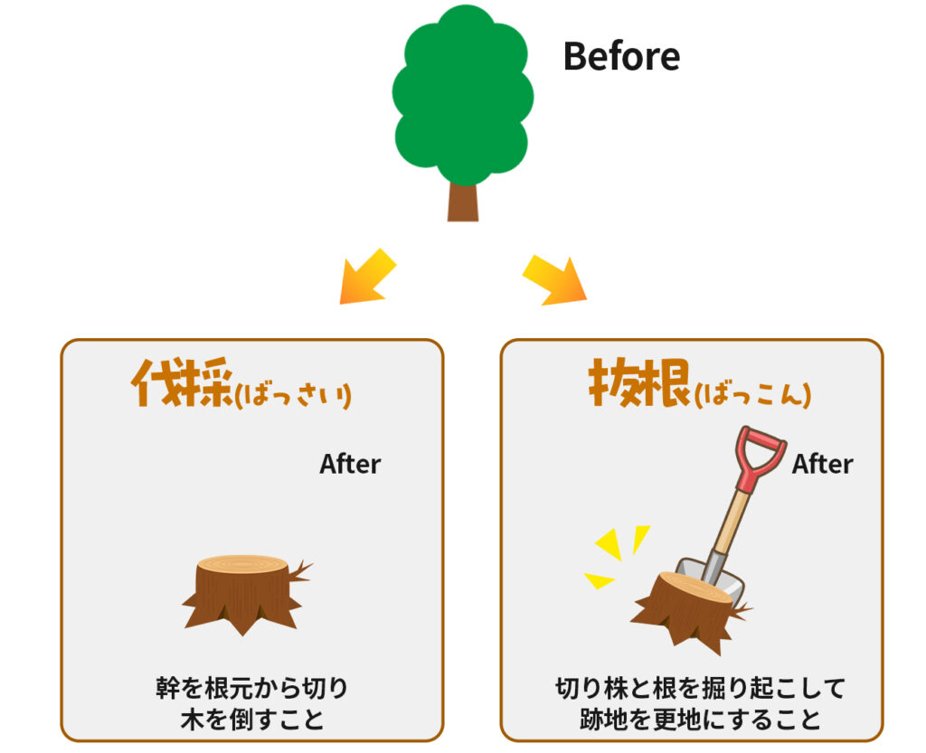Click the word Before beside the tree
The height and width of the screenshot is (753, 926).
click(622, 57)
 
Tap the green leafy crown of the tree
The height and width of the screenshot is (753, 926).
click(463, 95)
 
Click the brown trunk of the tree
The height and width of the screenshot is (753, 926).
click(463, 202)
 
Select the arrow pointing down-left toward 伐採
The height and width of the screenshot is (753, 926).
click(367, 277)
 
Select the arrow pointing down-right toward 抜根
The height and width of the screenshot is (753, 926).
click(554, 280)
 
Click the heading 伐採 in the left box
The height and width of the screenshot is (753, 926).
click(183, 382)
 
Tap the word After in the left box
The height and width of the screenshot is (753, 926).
click(350, 465)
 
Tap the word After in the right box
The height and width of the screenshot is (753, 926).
click(823, 465)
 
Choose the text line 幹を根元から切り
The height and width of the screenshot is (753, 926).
click(252, 688)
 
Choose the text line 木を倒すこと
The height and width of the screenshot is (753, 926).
click(253, 720)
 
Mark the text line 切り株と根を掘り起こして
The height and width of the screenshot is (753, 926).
click(700, 688)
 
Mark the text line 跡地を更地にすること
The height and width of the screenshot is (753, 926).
click(700, 720)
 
